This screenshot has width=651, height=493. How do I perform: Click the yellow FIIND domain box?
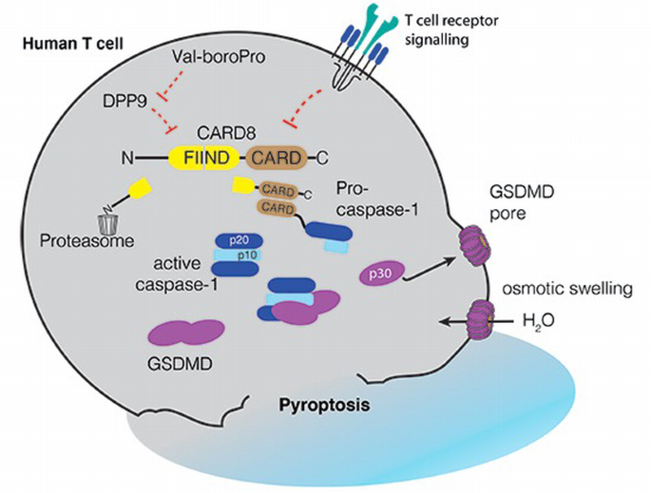206,158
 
